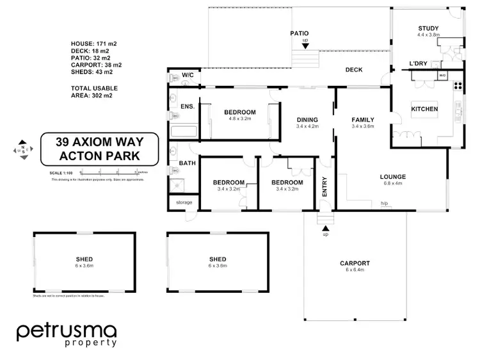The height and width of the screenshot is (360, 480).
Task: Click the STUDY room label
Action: (428, 28)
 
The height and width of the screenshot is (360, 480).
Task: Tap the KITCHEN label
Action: (424, 109)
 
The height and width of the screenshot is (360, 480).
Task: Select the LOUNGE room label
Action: (393, 176)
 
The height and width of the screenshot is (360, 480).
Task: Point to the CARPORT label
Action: (355, 263)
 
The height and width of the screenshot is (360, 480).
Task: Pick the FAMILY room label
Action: (362, 119)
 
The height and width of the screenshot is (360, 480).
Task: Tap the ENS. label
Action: (188, 106)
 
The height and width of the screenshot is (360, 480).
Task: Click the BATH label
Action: (188, 163)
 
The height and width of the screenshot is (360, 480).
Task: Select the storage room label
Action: (184, 202)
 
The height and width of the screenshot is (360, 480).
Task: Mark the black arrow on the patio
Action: (305, 45)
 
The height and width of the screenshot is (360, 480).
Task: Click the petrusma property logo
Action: (67, 334)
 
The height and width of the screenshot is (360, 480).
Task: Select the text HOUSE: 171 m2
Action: (93, 44)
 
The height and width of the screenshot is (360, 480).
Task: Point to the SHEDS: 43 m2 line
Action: (93, 72)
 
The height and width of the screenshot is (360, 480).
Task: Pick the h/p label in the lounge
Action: (384, 204)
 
